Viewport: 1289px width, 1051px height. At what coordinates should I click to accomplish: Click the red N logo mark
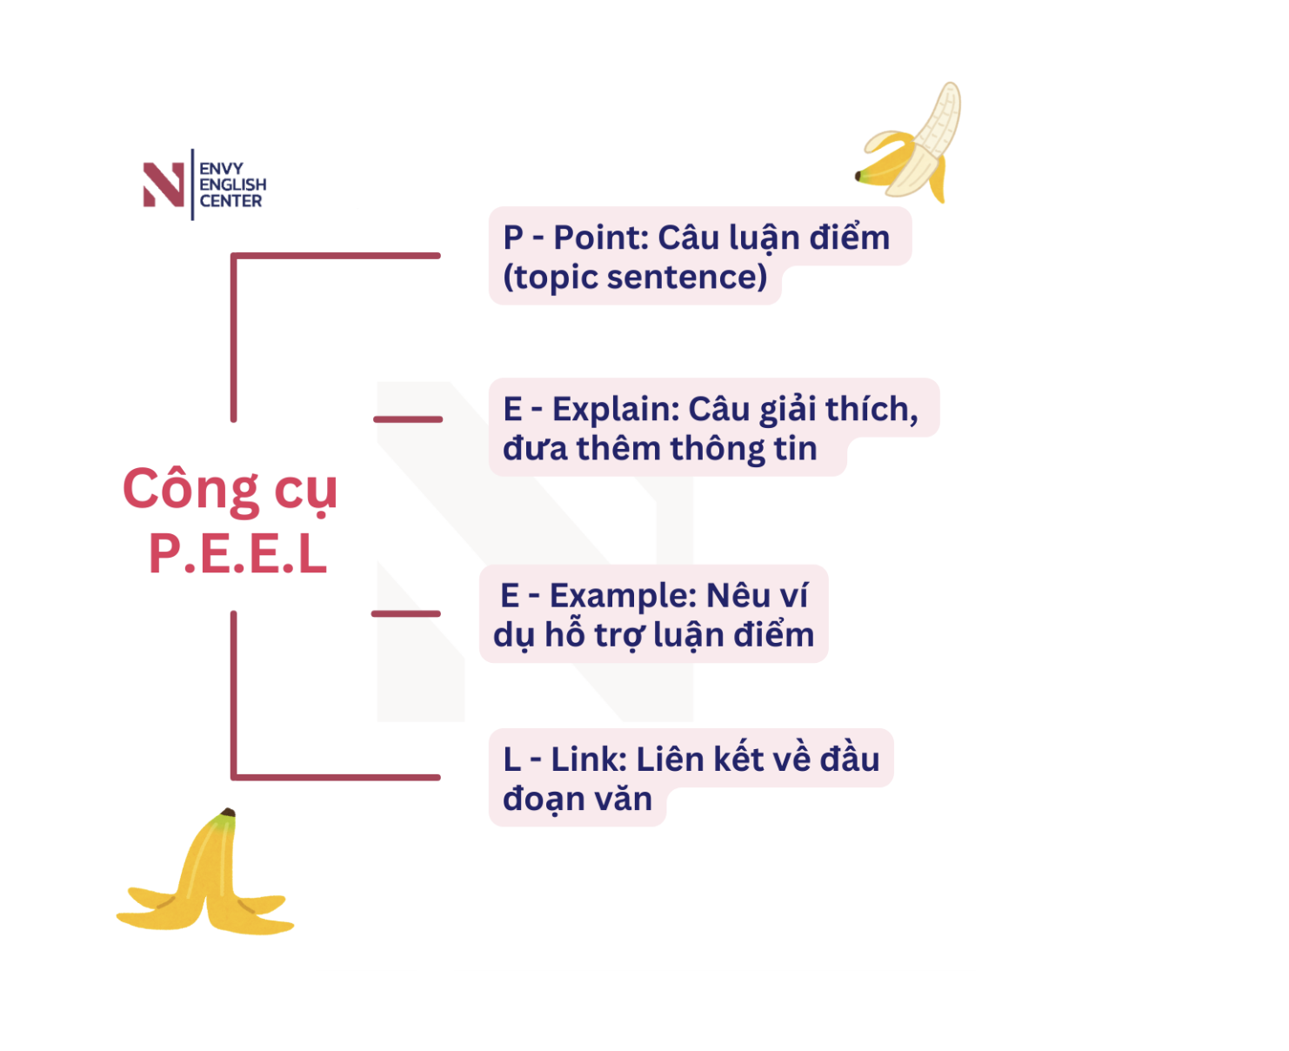(x=164, y=184)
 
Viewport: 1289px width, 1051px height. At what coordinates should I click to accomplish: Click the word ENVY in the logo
(x=222, y=168)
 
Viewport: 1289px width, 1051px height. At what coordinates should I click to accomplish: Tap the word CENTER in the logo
(x=231, y=201)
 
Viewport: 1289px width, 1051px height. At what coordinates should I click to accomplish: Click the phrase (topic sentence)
(x=635, y=278)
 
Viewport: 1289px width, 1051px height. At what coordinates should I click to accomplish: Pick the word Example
(x=624, y=597)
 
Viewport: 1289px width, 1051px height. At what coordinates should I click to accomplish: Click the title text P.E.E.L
(x=238, y=554)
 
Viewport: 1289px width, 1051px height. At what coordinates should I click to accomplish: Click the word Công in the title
(x=191, y=489)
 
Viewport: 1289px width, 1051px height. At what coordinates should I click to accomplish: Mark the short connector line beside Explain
(x=408, y=419)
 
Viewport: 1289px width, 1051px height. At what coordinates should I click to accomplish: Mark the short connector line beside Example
(x=406, y=614)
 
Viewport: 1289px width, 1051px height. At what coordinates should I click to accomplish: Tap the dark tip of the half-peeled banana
(x=858, y=176)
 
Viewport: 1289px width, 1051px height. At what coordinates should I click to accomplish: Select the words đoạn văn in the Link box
(x=578, y=800)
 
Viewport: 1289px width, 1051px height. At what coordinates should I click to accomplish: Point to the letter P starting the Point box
(x=513, y=238)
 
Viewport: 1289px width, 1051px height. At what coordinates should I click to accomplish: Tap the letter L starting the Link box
(x=512, y=760)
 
